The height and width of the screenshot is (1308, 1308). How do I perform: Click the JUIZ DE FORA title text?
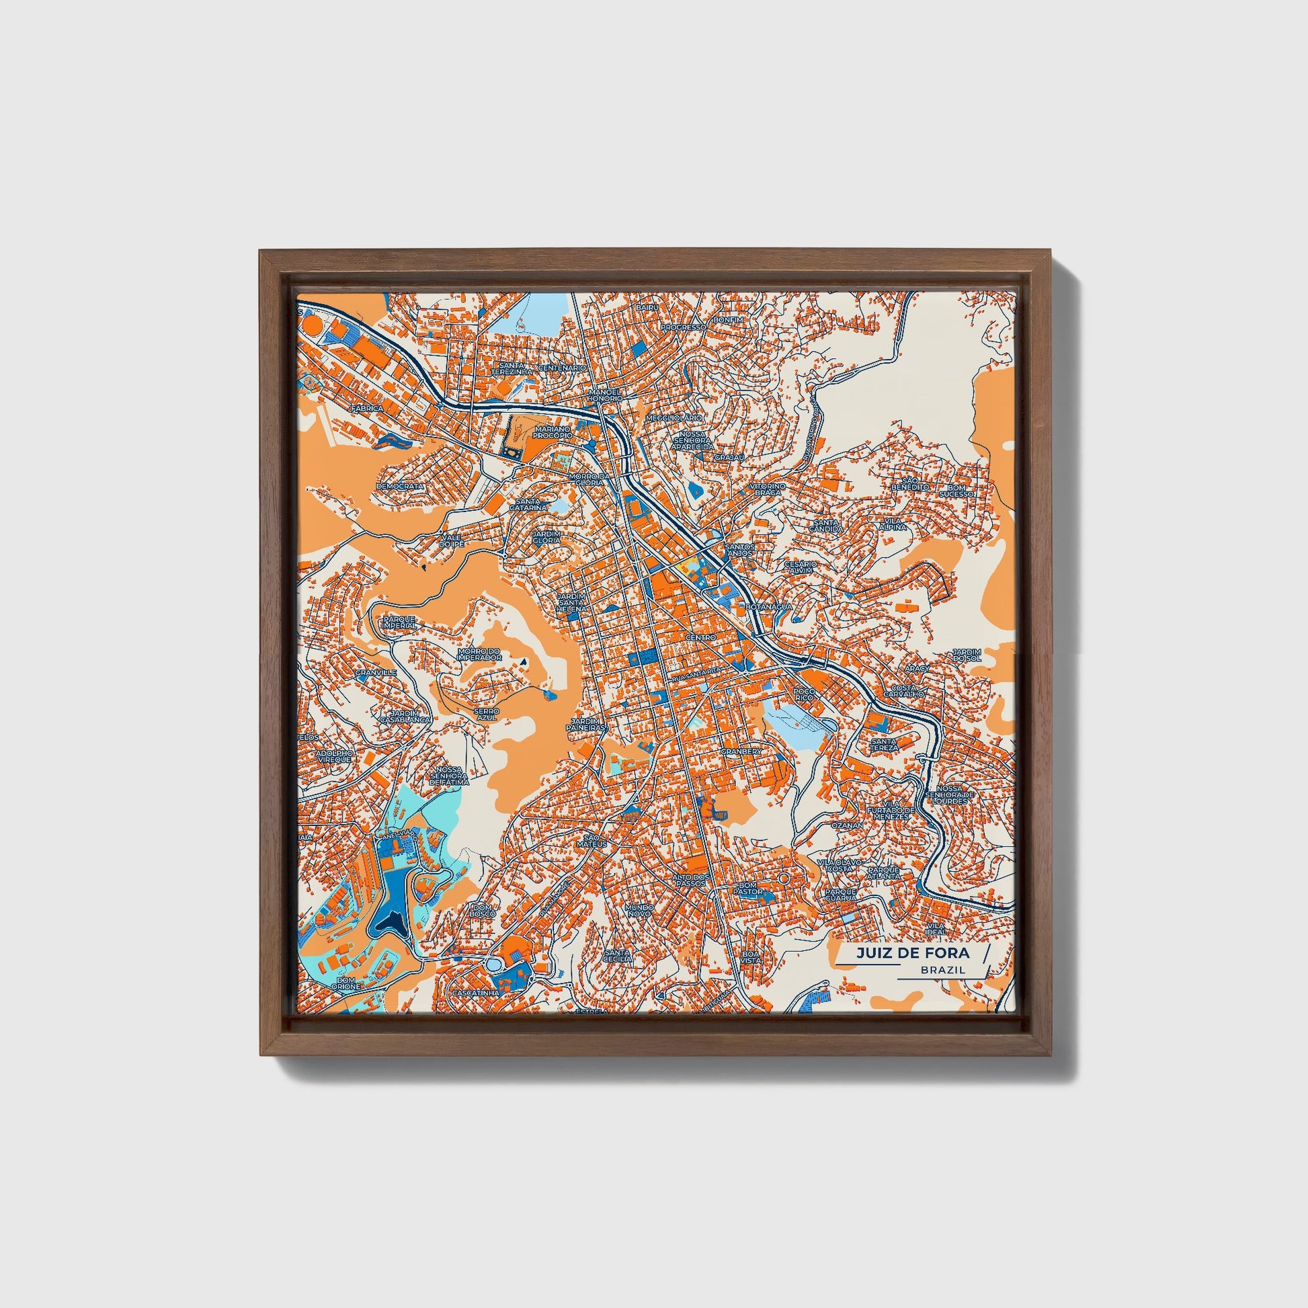[912, 953]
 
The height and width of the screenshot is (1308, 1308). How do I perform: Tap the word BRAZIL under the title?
[942, 970]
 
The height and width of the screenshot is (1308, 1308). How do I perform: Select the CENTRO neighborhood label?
[700, 638]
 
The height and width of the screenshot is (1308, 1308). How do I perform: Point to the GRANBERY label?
[741, 751]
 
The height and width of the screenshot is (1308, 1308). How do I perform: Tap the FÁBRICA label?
[366, 409]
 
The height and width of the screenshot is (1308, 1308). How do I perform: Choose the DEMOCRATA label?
[400, 486]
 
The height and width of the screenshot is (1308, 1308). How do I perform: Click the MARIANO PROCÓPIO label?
[553, 433]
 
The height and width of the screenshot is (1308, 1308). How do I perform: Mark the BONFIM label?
[729, 319]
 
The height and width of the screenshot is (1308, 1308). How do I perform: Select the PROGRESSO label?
[683, 327]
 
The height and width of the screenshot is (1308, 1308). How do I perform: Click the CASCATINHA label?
[476, 993]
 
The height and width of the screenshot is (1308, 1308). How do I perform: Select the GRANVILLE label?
[376, 673]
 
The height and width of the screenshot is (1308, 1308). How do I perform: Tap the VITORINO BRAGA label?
[766, 489]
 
